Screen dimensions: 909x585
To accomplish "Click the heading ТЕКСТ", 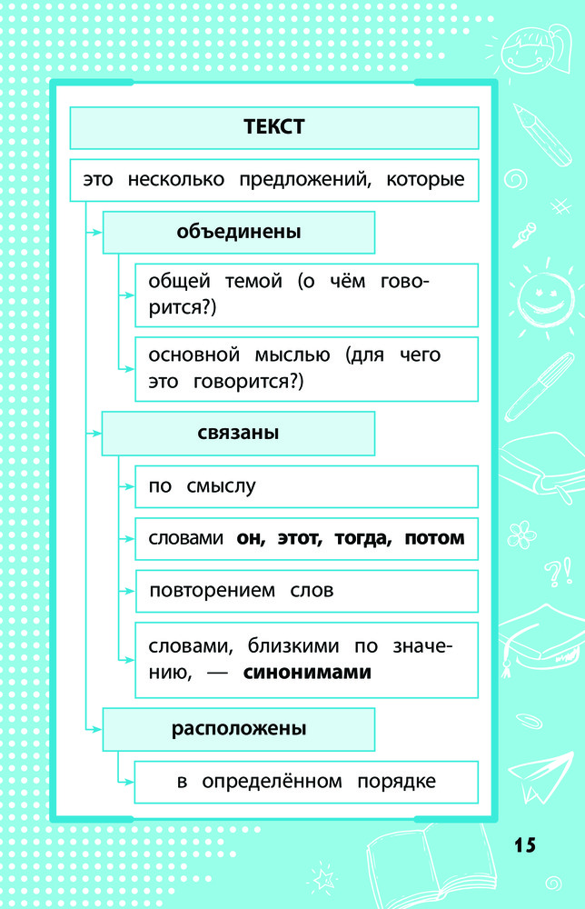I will tap(273, 127).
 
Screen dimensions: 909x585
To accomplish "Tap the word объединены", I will tap(239, 232).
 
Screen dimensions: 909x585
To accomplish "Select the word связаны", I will tap(238, 434).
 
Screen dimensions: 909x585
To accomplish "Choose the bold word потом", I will tap(434, 538).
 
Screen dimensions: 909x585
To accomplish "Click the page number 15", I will tap(524, 844).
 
